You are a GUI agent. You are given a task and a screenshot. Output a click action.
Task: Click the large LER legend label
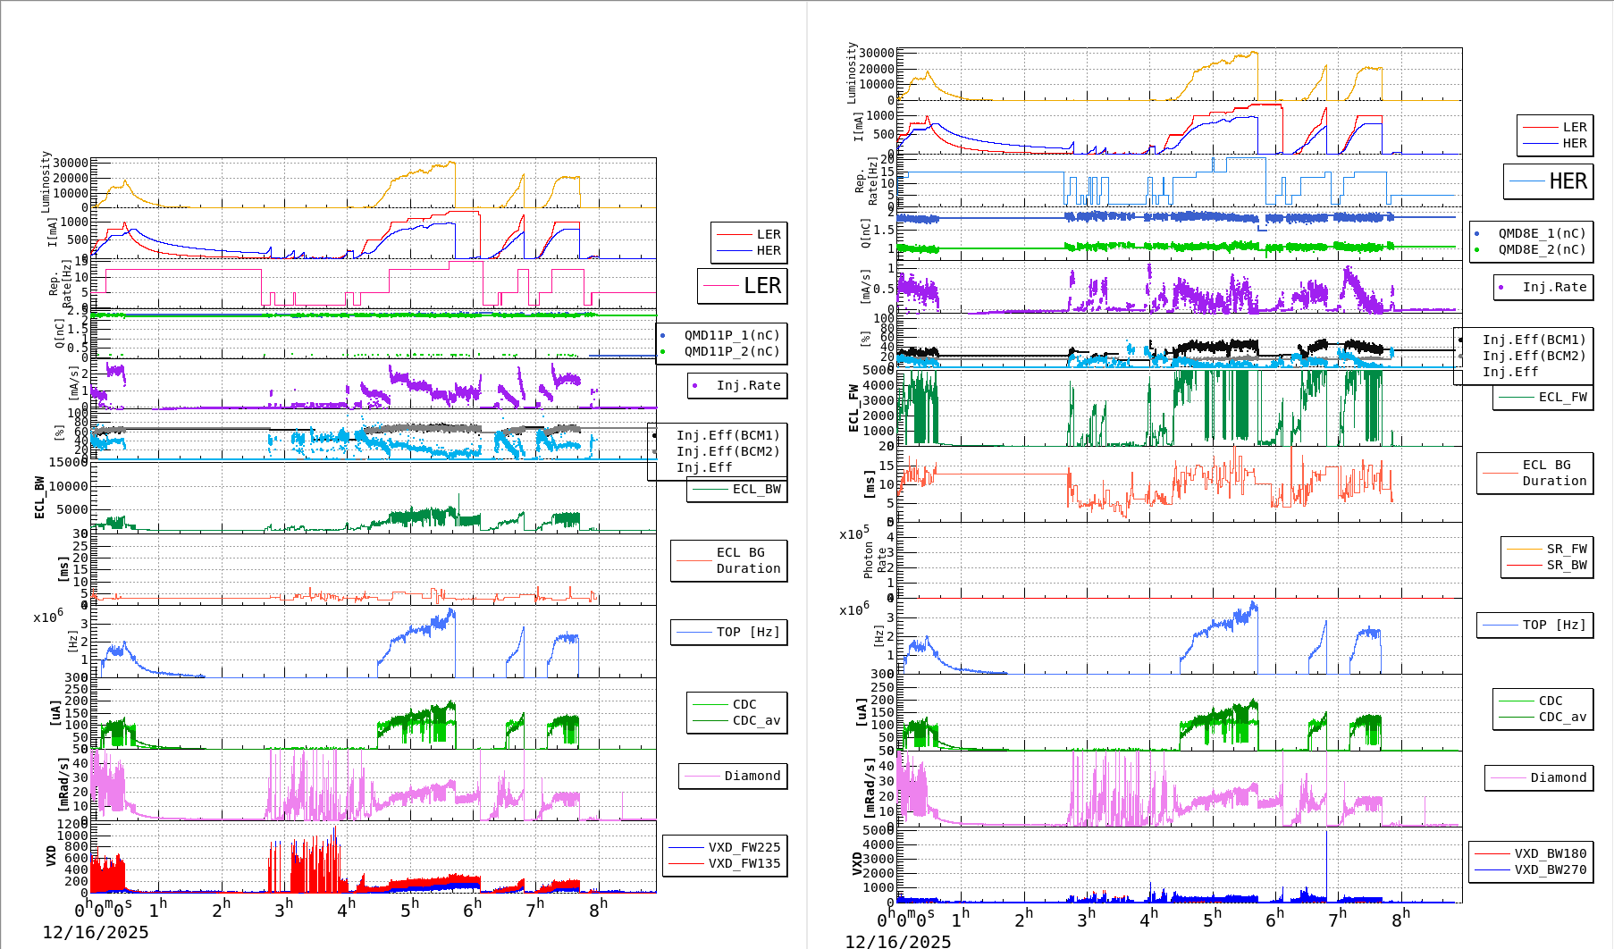(x=761, y=286)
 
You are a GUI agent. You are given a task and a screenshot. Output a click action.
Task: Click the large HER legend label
(x=1568, y=181)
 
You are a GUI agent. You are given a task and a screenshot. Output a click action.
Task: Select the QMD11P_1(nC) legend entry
(x=731, y=335)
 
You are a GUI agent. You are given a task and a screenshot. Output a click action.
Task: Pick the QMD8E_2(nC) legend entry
(x=1542, y=249)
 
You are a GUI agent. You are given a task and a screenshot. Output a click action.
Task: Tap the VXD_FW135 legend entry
(x=744, y=863)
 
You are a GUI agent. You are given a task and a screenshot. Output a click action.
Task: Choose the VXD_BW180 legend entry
(x=1550, y=853)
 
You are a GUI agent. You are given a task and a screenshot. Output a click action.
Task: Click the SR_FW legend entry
(x=1567, y=549)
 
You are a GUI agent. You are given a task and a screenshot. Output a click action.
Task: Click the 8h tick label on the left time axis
(x=599, y=908)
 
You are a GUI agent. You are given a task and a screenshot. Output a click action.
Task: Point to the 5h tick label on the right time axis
(x=1212, y=919)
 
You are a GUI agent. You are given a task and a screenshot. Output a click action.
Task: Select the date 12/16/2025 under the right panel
(x=898, y=941)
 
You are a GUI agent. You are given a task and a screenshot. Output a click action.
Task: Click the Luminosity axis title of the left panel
(x=46, y=181)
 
